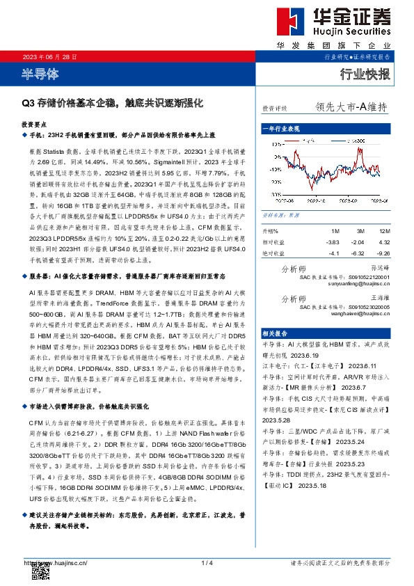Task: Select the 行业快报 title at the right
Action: [365, 74]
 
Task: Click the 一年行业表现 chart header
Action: [281, 129]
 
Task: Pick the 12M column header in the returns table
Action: [385, 230]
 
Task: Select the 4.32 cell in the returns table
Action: [385, 242]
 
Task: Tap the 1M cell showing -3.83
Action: [333, 242]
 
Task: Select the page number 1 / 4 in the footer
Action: [207, 562]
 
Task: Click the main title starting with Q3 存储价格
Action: [112, 102]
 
